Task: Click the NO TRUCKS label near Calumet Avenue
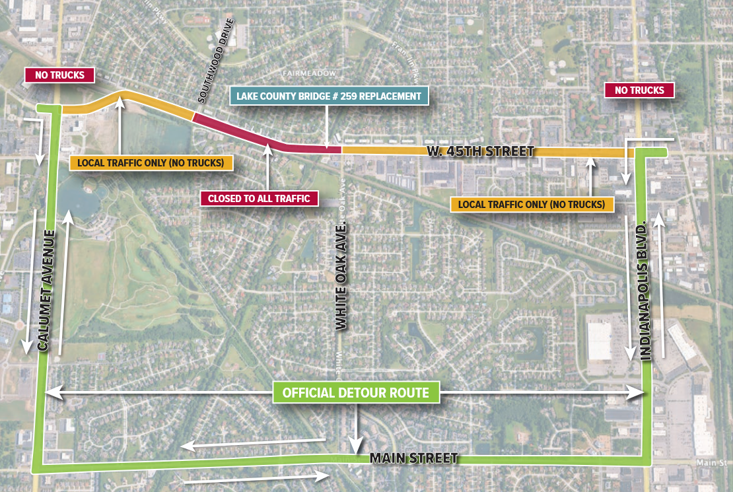(60, 75)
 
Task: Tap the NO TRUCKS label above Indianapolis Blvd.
(639, 90)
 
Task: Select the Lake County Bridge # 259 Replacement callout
(329, 96)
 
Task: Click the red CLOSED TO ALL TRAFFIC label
(259, 198)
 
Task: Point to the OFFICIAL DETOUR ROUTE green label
(356, 393)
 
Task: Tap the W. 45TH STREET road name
(479, 152)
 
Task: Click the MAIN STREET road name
(413, 458)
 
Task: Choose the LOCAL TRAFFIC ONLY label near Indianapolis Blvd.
(532, 205)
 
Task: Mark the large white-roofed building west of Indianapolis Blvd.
(600, 337)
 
